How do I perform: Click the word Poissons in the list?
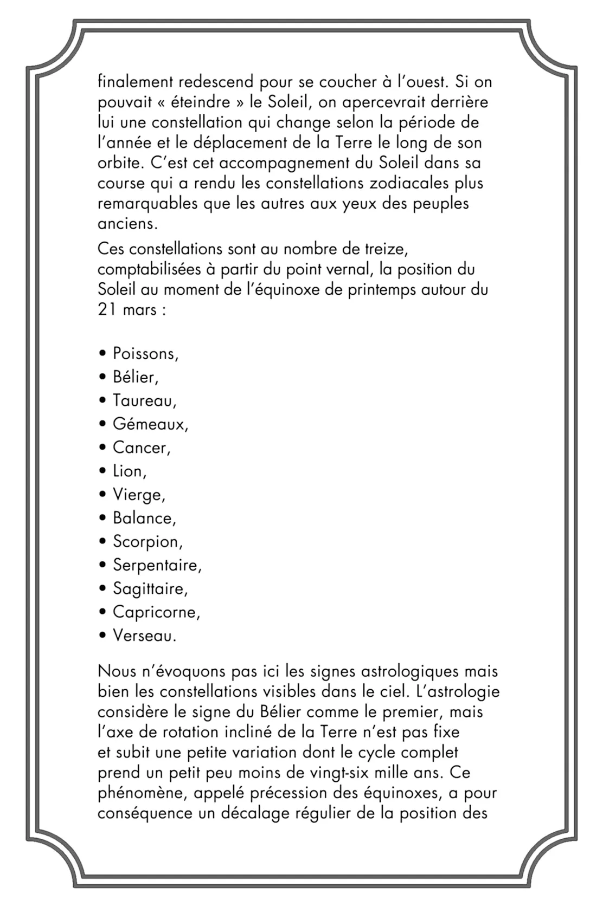coord(145,354)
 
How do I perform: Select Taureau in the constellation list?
coord(144,401)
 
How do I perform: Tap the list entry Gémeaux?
coord(150,424)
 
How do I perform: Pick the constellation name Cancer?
coord(141,448)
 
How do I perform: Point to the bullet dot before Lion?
coord(102,471)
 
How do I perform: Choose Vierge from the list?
coord(138,495)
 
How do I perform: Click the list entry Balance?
coord(144,519)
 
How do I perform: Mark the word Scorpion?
coord(147,542)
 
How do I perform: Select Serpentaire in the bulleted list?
coord(157,566)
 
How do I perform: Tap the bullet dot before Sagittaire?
coord(102,589)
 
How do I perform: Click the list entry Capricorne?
coord(156,613)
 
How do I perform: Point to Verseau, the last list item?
coord(144,636)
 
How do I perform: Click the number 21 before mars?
coord(107,310)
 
